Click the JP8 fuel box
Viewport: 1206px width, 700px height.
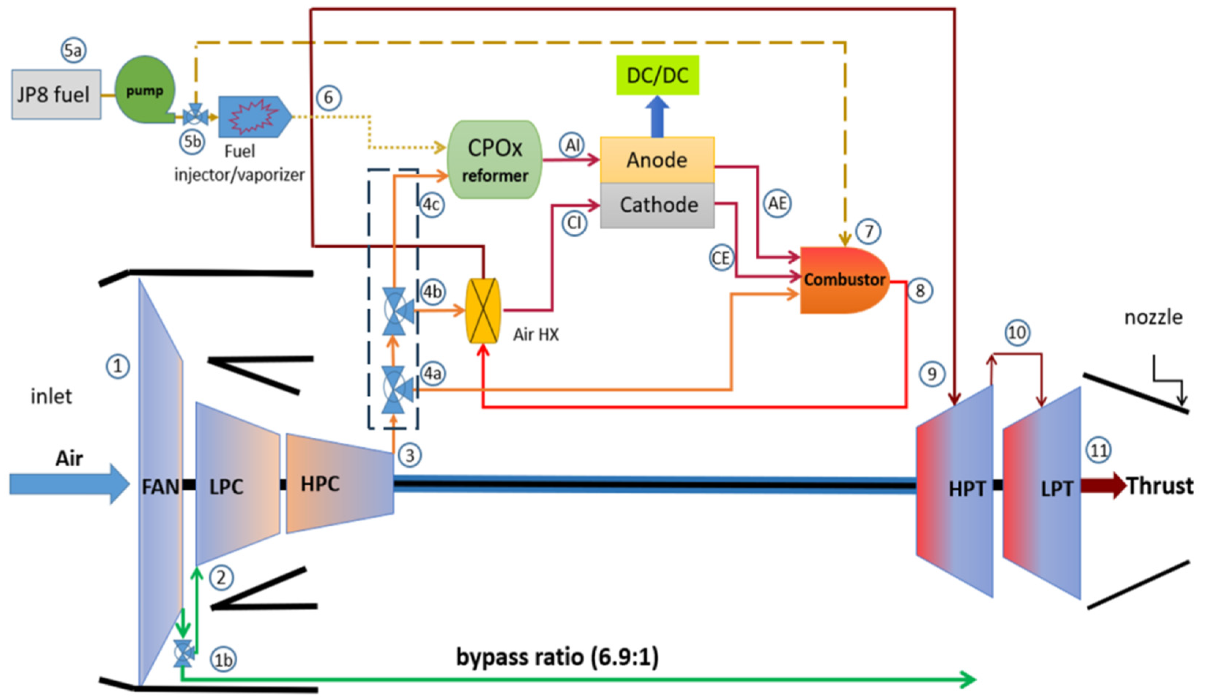pyautogui.click(x=56, y=95)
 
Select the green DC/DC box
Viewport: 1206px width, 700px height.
pyautogui.click(x=657, y=75)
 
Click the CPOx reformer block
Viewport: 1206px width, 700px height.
pyautogui.click(x=494, y=159)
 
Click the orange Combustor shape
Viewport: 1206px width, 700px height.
pyautogui.click(x=843, y=280)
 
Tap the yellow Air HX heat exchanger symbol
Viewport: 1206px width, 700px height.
pyautogui.click(x=483, y=311)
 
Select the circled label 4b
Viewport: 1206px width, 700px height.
pyautogui.click(x=433, y=292)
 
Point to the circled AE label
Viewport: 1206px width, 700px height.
pyautogui.click(x=777, y=204)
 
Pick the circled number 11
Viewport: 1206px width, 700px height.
pyautogui.click(x=1098, y=451)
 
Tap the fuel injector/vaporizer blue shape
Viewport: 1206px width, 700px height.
pyautogui.click(x=254, y=116)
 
